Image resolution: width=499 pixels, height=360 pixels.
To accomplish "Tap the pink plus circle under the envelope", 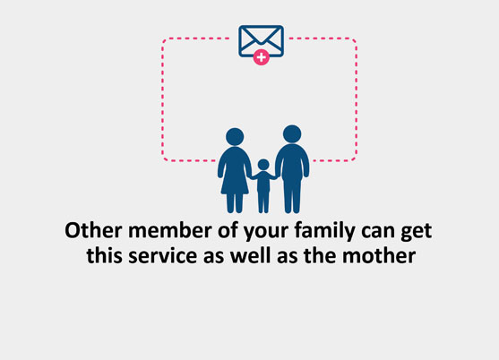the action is pos(262,57).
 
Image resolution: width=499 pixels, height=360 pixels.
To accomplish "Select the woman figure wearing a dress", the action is pos(235,170).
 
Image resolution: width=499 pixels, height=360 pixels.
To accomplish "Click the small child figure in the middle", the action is pos(263,186).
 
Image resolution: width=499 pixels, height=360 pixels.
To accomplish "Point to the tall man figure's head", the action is pos(292,134).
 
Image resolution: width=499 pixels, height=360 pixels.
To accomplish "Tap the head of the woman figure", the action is pos(235,137).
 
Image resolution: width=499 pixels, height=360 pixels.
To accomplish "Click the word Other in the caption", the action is pos(93,230).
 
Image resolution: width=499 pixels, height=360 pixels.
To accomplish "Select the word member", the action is pos(170,230).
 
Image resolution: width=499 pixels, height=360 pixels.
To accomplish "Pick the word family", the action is pos(324,230).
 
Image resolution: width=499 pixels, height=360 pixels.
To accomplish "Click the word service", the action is pos(163,256).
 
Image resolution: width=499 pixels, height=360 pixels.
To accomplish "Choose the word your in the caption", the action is pos(266,233).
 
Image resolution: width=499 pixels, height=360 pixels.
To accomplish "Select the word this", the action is pos(104,255).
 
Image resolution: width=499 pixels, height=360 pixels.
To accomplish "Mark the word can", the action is pos(378,233).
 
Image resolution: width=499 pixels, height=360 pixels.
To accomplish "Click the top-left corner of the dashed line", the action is pos(163,39).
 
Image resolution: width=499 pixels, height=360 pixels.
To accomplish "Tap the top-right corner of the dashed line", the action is pos(356,39).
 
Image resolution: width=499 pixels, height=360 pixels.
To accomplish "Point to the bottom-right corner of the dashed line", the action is pos(356,159).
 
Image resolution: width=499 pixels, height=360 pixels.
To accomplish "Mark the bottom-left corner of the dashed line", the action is pos(163,159).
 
